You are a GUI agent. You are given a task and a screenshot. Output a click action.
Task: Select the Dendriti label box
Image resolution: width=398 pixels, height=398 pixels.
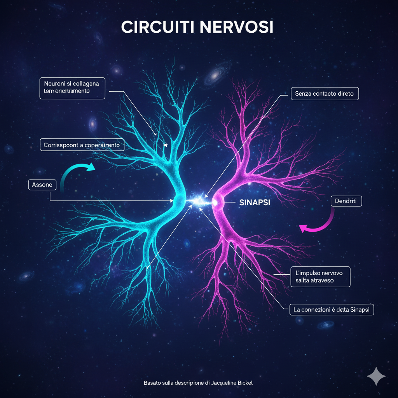point(346,201)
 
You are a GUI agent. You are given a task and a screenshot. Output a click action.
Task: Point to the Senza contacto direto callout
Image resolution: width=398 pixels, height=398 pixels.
point(324,94)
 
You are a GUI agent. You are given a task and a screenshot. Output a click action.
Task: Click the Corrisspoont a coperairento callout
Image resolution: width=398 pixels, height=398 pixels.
point(82,145)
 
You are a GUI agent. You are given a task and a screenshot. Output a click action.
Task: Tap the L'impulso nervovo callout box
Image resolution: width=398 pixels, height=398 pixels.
point(320,276)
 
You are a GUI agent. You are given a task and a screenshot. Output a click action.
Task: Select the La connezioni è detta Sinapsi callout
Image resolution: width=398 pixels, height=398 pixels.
point(332,310)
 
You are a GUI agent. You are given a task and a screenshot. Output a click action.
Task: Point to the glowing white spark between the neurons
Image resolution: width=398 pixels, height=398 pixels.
point(199,201)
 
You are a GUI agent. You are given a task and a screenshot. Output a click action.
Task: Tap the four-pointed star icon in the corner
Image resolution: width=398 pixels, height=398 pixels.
point(376,376)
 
